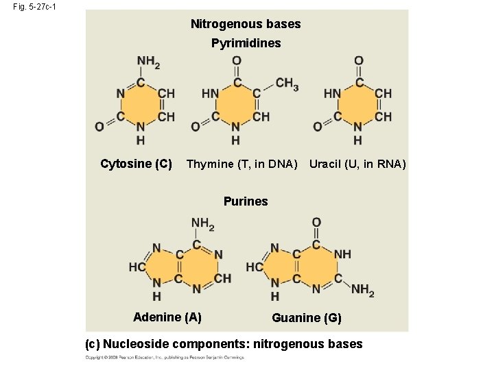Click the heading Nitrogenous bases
pos(246,24)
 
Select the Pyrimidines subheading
pos(246,44)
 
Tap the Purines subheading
pos(246,201)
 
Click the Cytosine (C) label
pos(136,164)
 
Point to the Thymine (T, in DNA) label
pos(242,164)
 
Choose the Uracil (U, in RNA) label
pos(357,164)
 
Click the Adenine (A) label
pos(167,317)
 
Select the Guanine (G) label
pos(306,317)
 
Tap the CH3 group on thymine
pos(287,84)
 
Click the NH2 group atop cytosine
pos(148,62)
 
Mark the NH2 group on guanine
pos(363,291)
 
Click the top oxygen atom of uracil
pos(358,62)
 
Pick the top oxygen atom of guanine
pos(316,223)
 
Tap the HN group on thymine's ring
pos(211,93)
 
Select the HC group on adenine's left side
pos(137,267)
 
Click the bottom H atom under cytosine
pos(140,140)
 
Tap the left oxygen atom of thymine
pos(195,126)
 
